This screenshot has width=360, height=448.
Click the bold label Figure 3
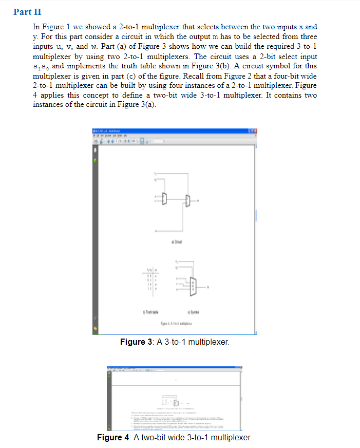coord(134,342)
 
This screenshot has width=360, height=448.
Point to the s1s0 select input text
coord(41,66)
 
